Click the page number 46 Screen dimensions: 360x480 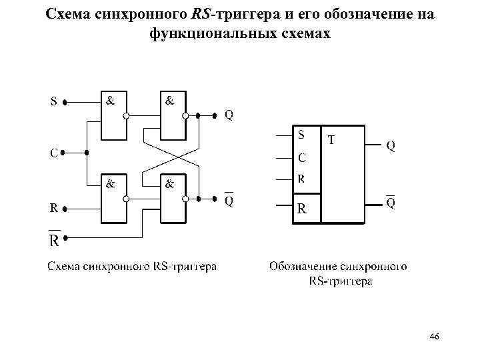coord(434,337)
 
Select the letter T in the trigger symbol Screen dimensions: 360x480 coord(332,139)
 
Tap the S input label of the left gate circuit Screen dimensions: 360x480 coord(53,103)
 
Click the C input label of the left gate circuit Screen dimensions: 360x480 coord(53,153)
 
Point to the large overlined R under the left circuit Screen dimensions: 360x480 coord(54,238)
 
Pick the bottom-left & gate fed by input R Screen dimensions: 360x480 coord(113,198)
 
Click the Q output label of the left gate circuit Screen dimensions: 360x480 coord(229,115)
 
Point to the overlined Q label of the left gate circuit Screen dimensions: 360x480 coord(229,199)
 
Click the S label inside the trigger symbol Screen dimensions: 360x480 coord(301,134)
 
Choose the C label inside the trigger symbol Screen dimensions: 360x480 coord(301,158)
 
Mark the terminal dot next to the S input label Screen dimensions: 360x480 coord(65,103)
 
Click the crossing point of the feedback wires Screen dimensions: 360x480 coord(172,157)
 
